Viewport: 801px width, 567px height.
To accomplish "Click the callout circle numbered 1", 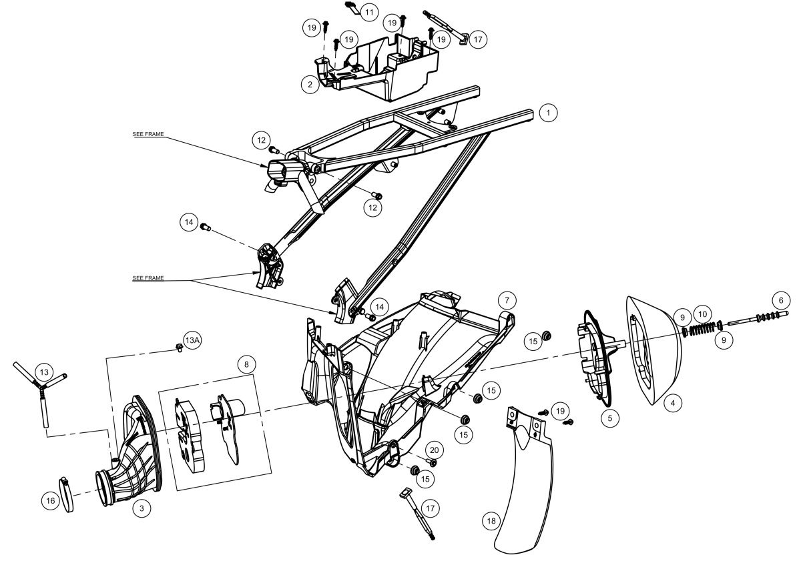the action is tap(548, 113).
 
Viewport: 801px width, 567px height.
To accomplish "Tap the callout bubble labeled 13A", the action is tap(192, 340).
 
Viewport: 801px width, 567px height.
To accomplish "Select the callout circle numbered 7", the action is tap(507, 300).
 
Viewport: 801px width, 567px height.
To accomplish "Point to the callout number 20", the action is tap(434, 450).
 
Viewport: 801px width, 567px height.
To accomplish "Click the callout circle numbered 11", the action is tap(369, 13).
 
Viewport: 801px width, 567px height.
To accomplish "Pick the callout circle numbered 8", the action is tap(246, 364).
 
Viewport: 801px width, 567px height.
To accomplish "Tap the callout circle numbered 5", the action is tap(610, 418).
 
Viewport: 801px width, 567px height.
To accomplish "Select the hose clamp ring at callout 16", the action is tap(67, 494).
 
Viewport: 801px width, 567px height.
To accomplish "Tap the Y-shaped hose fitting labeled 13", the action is tap(42, 387).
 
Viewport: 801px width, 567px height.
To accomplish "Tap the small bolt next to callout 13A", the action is tap(179, 347).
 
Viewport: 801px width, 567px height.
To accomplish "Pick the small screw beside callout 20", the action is tap(432, 462).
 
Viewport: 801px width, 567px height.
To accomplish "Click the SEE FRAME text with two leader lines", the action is tap(148, 278).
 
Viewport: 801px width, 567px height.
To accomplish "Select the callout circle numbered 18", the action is tap(491, 521).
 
